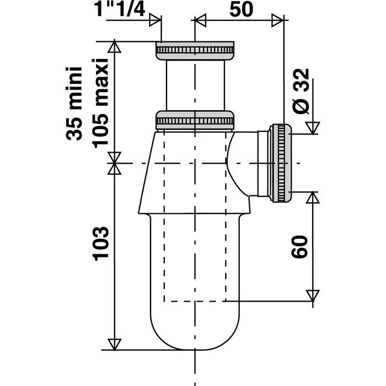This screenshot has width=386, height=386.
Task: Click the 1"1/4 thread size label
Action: pyautogui.click(x=120, y=9)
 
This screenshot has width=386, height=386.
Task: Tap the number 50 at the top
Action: pyautogui.click(x=242, y=10)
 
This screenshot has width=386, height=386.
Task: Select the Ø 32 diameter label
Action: pyautogui.click(x=301, y=91)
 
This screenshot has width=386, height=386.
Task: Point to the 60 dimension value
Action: pyautogui.click(x=299, y=246)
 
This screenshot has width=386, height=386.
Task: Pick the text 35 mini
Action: pyautogui.click(x=74, y=104)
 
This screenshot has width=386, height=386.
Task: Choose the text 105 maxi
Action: pyautogui.click(x=100, y=103)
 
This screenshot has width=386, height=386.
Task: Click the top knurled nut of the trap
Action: pyautogui.click(x=195, y=51)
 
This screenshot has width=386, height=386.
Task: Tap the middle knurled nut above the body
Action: pyautogui.click(x=195, y=120)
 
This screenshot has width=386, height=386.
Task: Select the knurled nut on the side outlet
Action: pyautogui.click(x=280, y=163)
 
